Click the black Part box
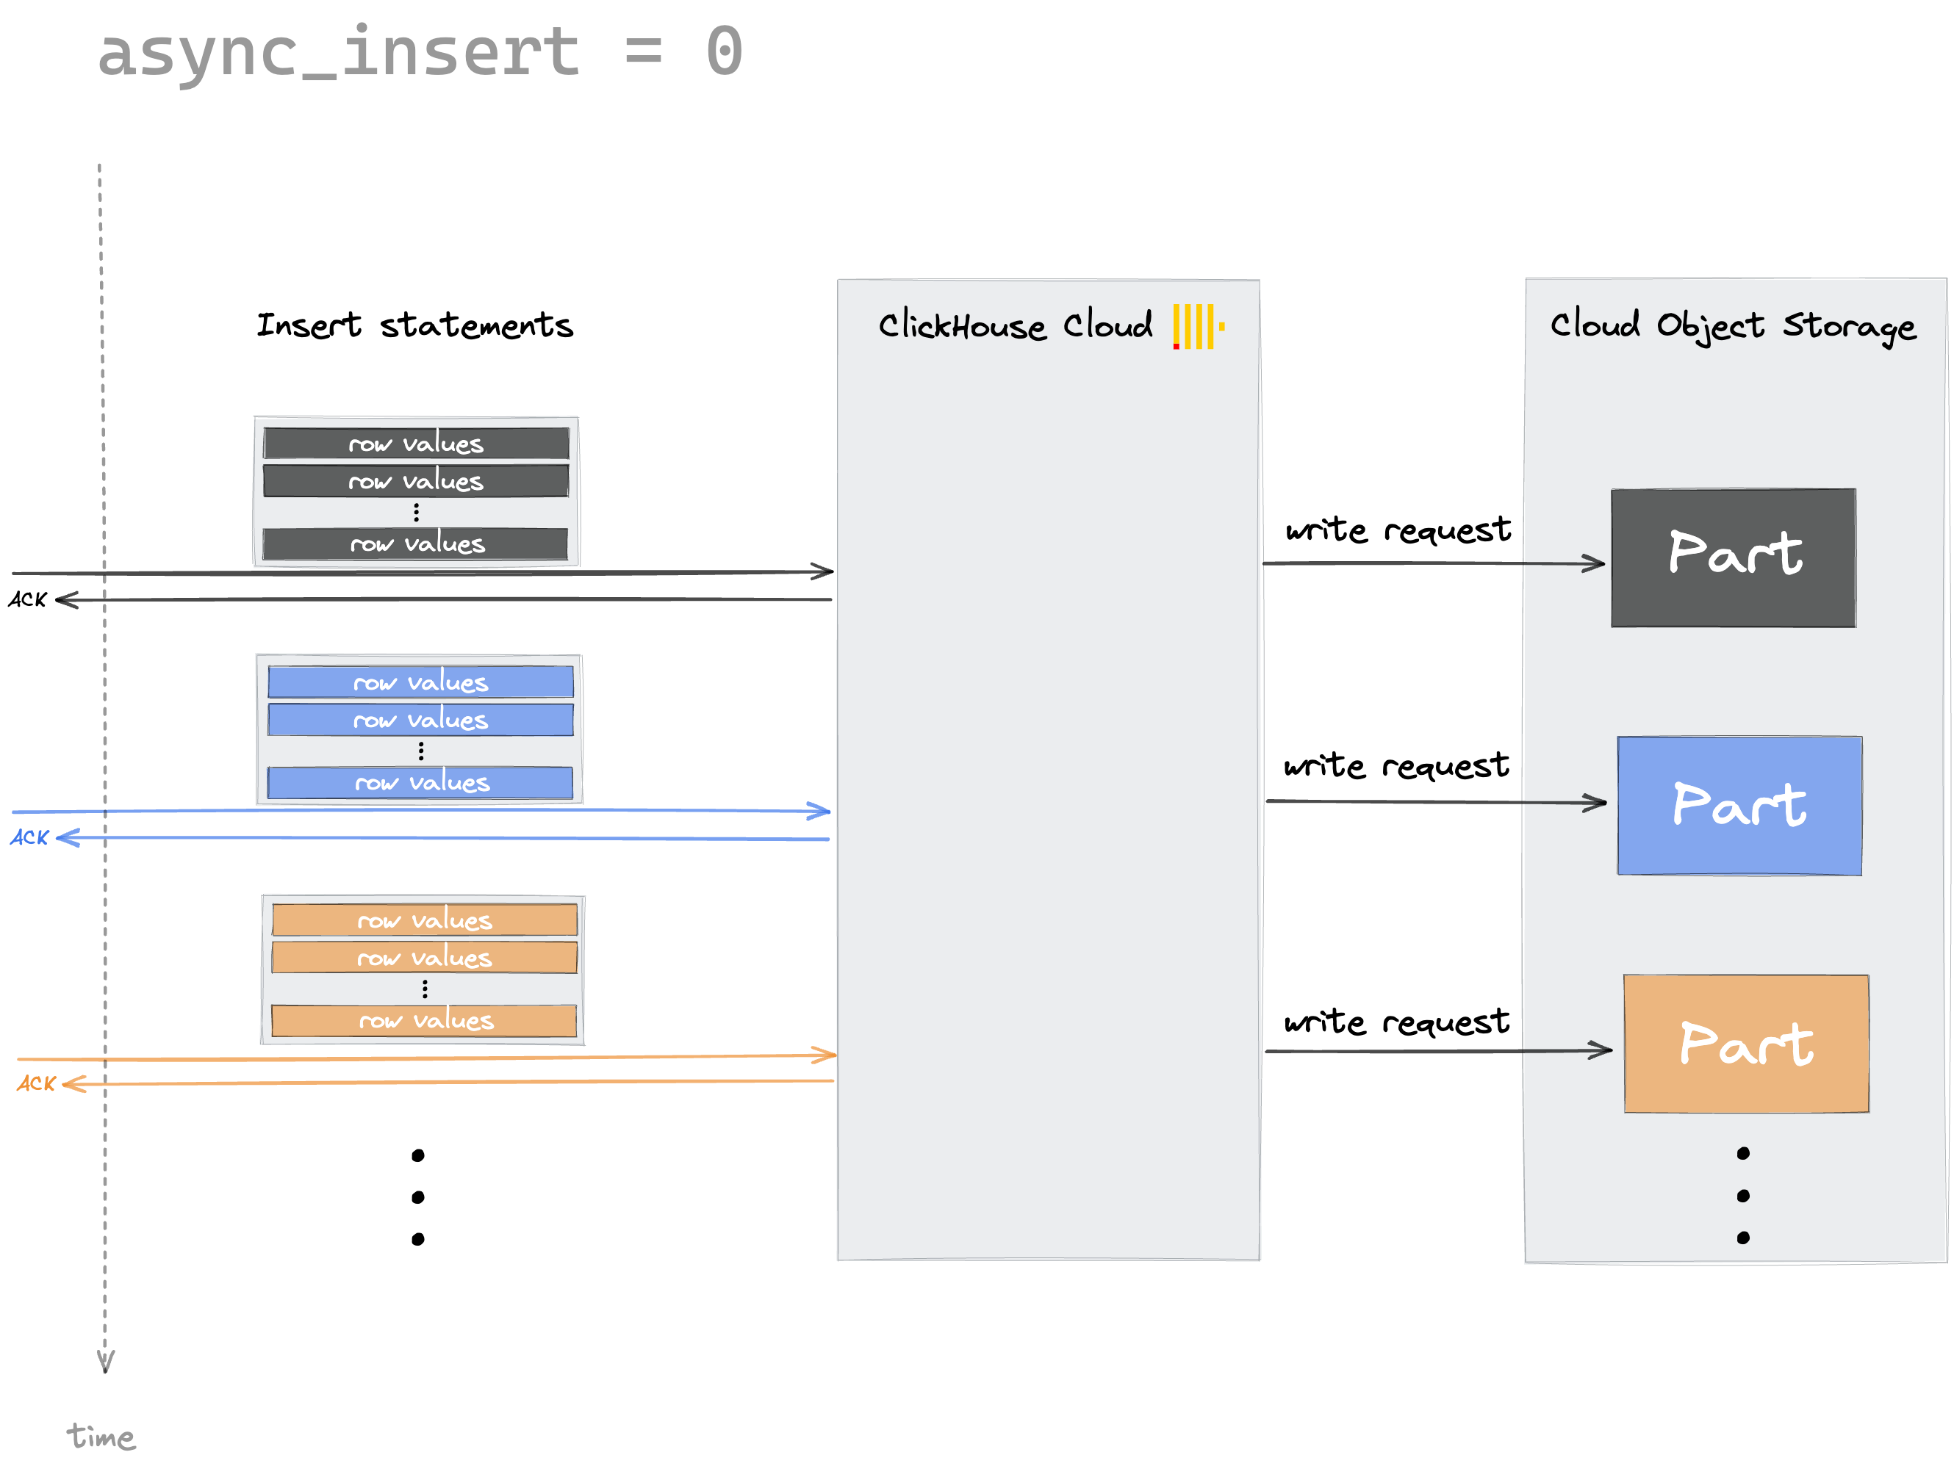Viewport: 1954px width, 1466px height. (1733, 557)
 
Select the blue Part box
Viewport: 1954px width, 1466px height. (1739, 806)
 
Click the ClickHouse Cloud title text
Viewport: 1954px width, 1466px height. (1015, 326)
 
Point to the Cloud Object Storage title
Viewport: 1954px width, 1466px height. (1732, 326)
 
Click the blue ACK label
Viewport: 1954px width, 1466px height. (30, 837)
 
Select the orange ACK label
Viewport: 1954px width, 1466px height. (36, 1083)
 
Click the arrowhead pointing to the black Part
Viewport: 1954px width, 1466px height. (1595, 563)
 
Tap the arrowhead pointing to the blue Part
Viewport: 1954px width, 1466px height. (1596, 803)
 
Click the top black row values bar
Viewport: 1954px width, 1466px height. (416, 444)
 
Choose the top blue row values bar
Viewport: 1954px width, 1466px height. (420, 682)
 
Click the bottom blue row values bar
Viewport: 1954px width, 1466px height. (420, 782)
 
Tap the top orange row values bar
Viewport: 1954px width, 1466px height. (424, 920)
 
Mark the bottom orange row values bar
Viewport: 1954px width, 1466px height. (424, 1021)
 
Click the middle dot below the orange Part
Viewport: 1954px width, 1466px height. (1743, 1196)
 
